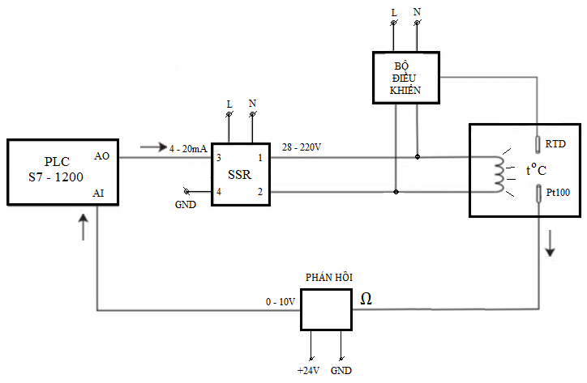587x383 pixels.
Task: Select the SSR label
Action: (240, 174)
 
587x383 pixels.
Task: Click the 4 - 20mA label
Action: (189, 148)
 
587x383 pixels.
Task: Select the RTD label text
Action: (555, 144)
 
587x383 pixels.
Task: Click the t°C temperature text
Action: (537, 171)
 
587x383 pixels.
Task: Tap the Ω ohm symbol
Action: (366, 298)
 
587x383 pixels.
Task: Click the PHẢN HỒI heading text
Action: (328, 277)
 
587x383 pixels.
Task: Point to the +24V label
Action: (308, 370)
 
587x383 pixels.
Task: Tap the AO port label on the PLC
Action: (102, 155)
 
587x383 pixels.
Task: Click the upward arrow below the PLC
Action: (84, 227)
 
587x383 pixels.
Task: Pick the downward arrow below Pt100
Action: (550, 245)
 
